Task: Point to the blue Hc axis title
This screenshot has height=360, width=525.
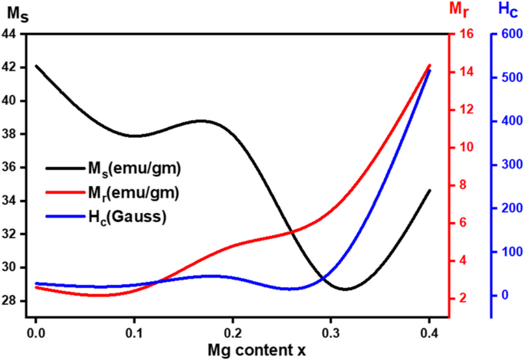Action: (x=508, y=8)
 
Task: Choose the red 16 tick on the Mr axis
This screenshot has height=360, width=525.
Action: (x=464, y=34)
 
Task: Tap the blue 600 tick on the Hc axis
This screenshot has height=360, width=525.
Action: (x=508, y=34)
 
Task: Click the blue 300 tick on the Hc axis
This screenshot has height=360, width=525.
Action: (x=508, y=165)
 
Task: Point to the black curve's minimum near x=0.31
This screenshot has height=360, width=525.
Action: (x=346, y=290)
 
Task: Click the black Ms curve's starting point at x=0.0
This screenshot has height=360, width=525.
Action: (x=35, y=66)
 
